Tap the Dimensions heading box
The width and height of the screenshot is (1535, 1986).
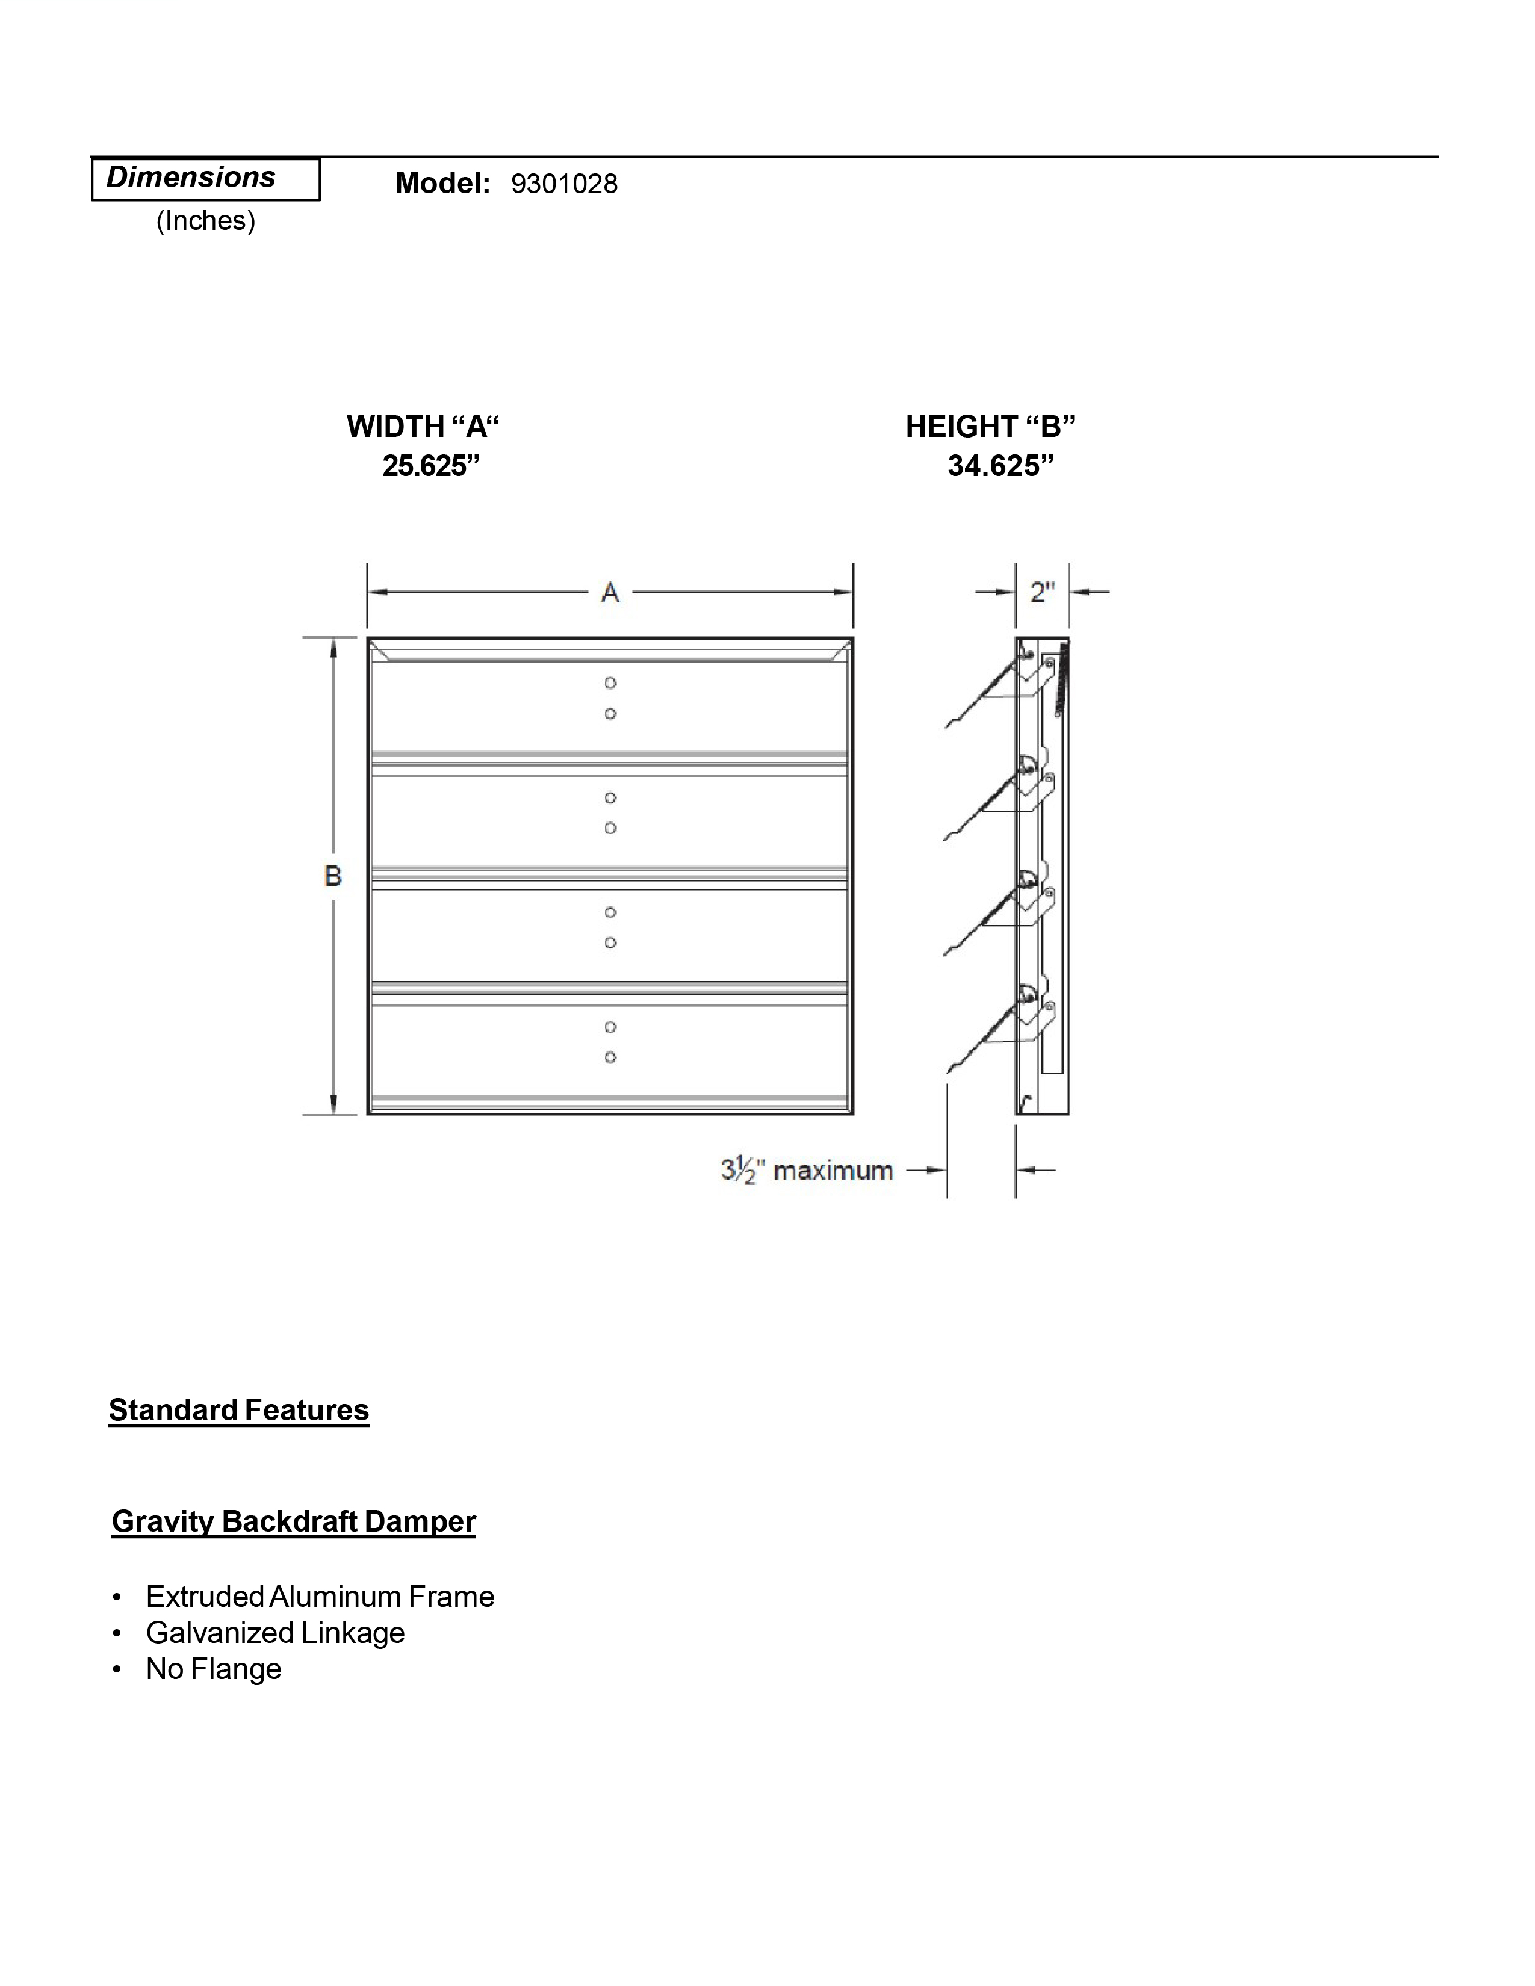pos(205,178)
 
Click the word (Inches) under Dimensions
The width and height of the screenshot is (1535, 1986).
pos(205,221)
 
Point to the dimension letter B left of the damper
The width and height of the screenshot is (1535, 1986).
pos(333,876)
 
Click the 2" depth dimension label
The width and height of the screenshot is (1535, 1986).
pos(1042,593)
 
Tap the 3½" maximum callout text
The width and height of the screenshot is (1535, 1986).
pos(807,1171)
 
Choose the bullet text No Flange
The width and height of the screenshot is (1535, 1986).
pos(214,1669)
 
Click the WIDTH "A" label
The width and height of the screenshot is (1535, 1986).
pos(423,427)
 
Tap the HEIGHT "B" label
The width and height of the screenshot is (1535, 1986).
pos(990,427)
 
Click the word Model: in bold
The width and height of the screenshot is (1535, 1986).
pos(443,184)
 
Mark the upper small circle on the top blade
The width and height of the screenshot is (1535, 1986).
pos(610,683)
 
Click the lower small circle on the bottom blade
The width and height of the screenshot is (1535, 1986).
pos(610,1057)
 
